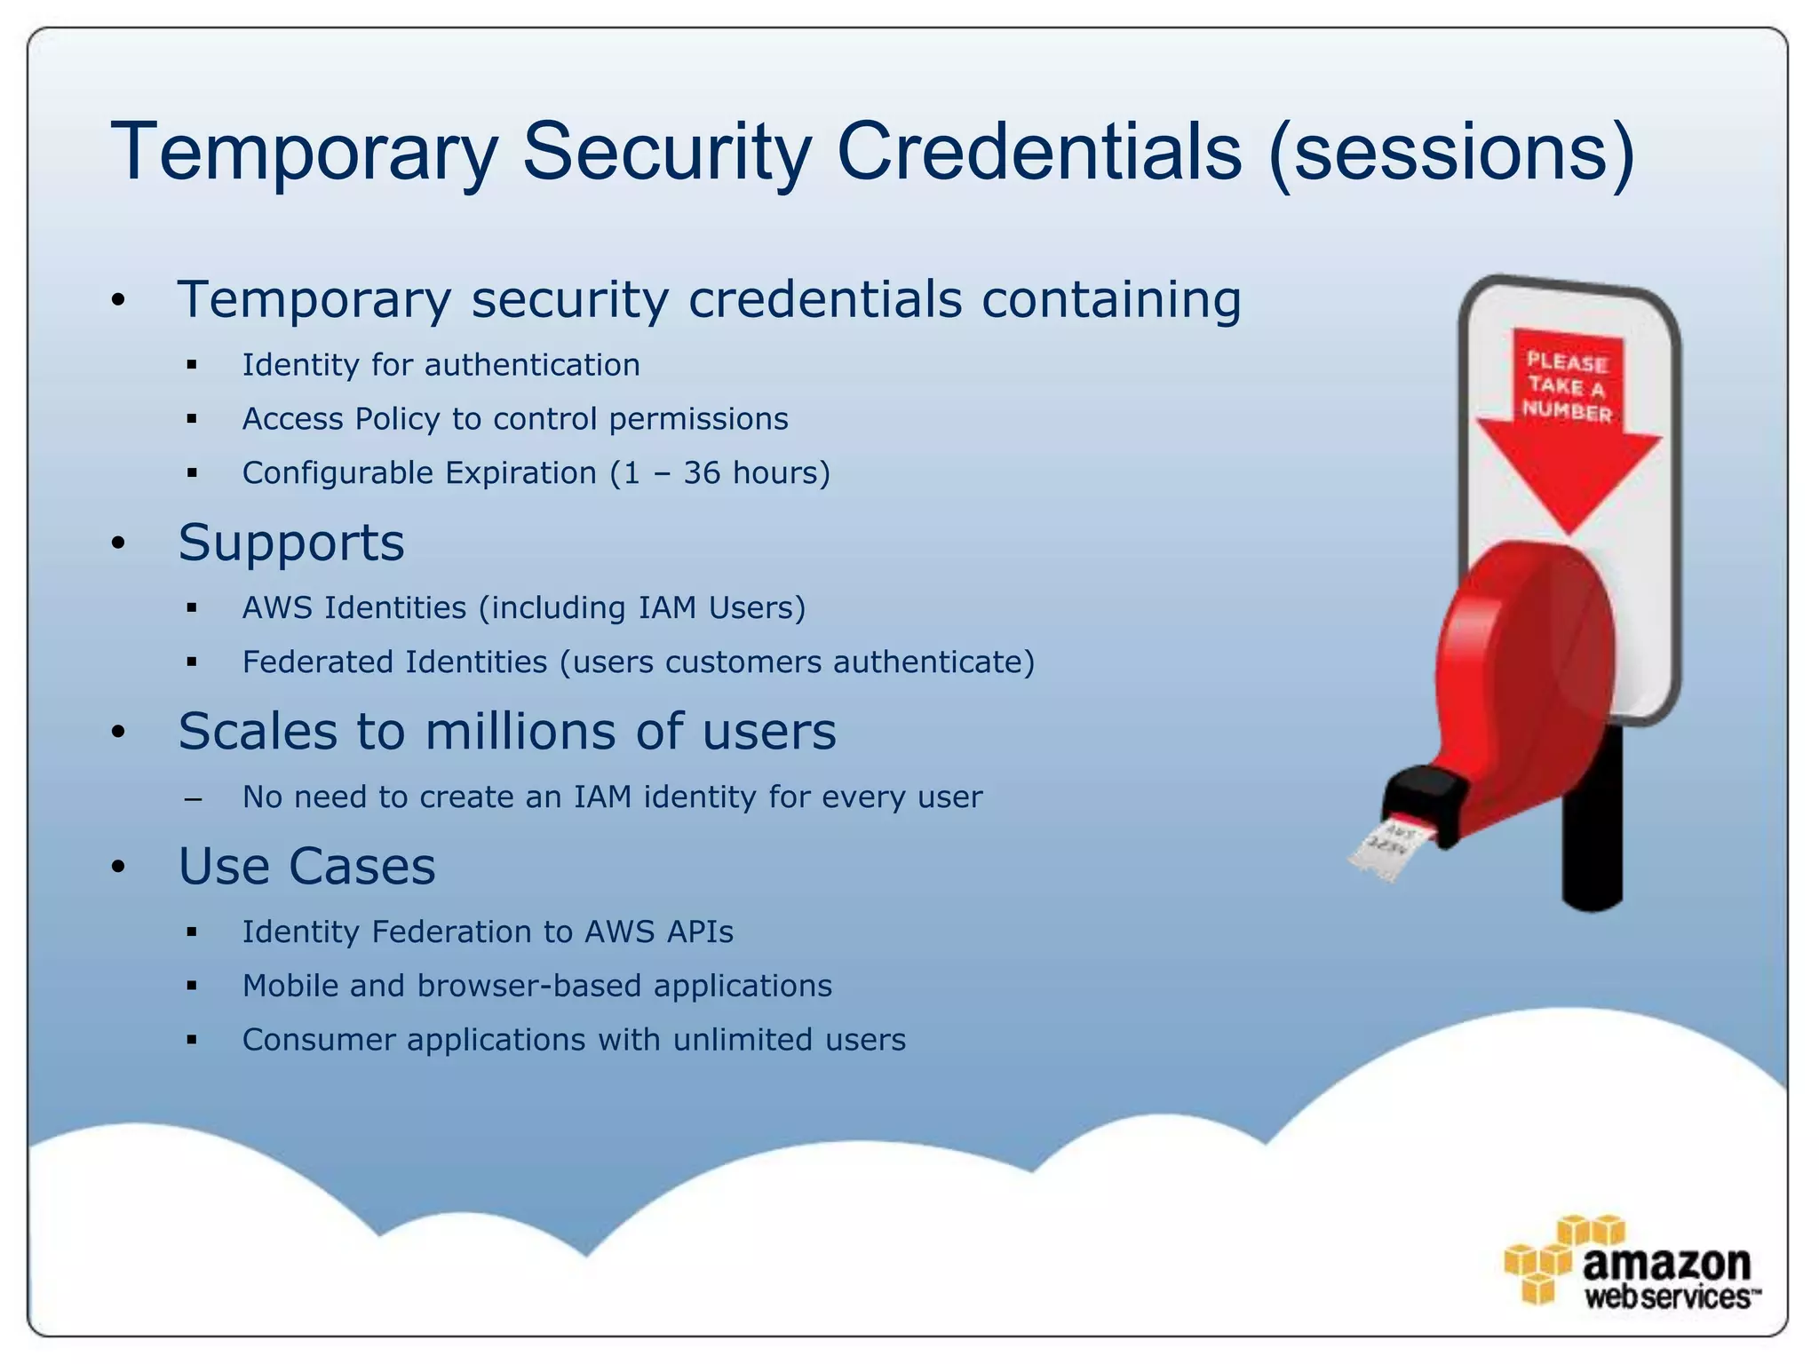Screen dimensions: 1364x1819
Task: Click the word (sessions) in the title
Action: [x=1451, y=153]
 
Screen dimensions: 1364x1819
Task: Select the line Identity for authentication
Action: [x=441, y=365]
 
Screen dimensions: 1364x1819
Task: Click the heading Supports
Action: [x=291, y=543]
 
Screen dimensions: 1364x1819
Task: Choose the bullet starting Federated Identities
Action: [x=638, y=662]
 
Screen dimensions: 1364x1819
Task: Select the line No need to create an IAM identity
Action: [x=612, y=797]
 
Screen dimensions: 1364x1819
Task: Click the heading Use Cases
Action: [x=306, y=867]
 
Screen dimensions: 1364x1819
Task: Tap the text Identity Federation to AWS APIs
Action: [x=488, y=932]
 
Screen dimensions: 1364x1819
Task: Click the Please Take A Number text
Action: [x=1568, y=387]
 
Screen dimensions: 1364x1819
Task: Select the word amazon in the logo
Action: [x=1666, y=1262]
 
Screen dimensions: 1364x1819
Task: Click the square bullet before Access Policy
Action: [x=192, y=419]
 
